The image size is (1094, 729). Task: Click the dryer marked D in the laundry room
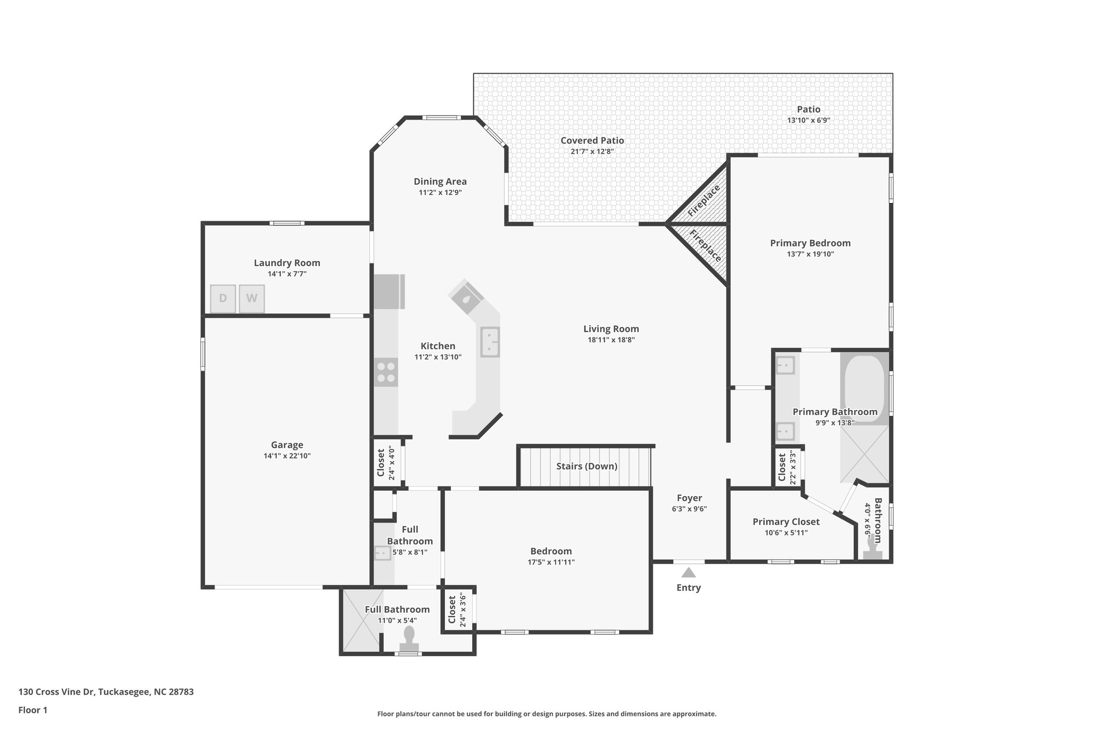223,299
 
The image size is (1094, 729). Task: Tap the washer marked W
252,299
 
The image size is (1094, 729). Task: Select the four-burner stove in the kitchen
386,372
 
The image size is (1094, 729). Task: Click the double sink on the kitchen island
490,342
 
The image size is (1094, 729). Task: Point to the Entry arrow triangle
689,573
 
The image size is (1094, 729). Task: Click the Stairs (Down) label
587,466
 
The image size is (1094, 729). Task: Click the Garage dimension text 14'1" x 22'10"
287,456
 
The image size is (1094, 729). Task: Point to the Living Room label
611,329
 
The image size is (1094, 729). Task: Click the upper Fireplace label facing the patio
704,200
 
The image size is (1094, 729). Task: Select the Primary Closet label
786,522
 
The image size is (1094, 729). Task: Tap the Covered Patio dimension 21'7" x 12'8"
592,152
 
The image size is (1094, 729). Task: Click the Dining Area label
440,182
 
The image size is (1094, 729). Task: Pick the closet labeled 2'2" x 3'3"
787,467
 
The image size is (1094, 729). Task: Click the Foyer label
689,498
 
